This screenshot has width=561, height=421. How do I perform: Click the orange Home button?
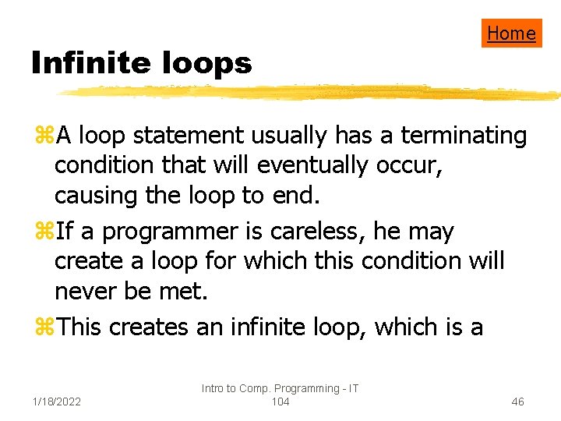coord(511,33)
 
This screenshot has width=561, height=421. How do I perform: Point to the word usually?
coord(292,136)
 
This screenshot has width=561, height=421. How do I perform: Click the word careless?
coord(319,232)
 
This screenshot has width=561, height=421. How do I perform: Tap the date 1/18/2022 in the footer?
coord(58,402)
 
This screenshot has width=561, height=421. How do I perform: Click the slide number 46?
coord(517,402)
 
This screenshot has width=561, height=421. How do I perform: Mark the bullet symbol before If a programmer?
coord(43,232)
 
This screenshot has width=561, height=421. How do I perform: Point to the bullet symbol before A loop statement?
coord(43,136)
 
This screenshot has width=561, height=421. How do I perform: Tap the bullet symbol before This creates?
coord(43,327)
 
